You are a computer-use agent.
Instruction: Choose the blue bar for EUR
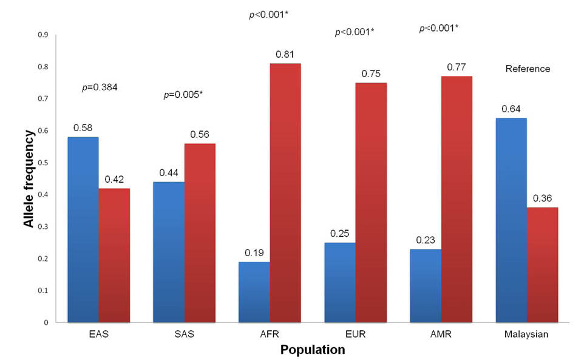coord(340,282)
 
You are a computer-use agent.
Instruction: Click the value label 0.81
coord(285,55)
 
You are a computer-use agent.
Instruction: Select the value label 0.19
coord(254,253)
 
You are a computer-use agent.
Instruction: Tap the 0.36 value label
coord(543,199)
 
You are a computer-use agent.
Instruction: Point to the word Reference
coord(528,69)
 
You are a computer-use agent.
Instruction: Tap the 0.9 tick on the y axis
coord(42,35)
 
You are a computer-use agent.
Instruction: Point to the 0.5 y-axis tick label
coord(42,163)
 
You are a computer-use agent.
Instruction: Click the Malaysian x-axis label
coord(527,333)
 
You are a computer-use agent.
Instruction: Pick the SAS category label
coord(184,333)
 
